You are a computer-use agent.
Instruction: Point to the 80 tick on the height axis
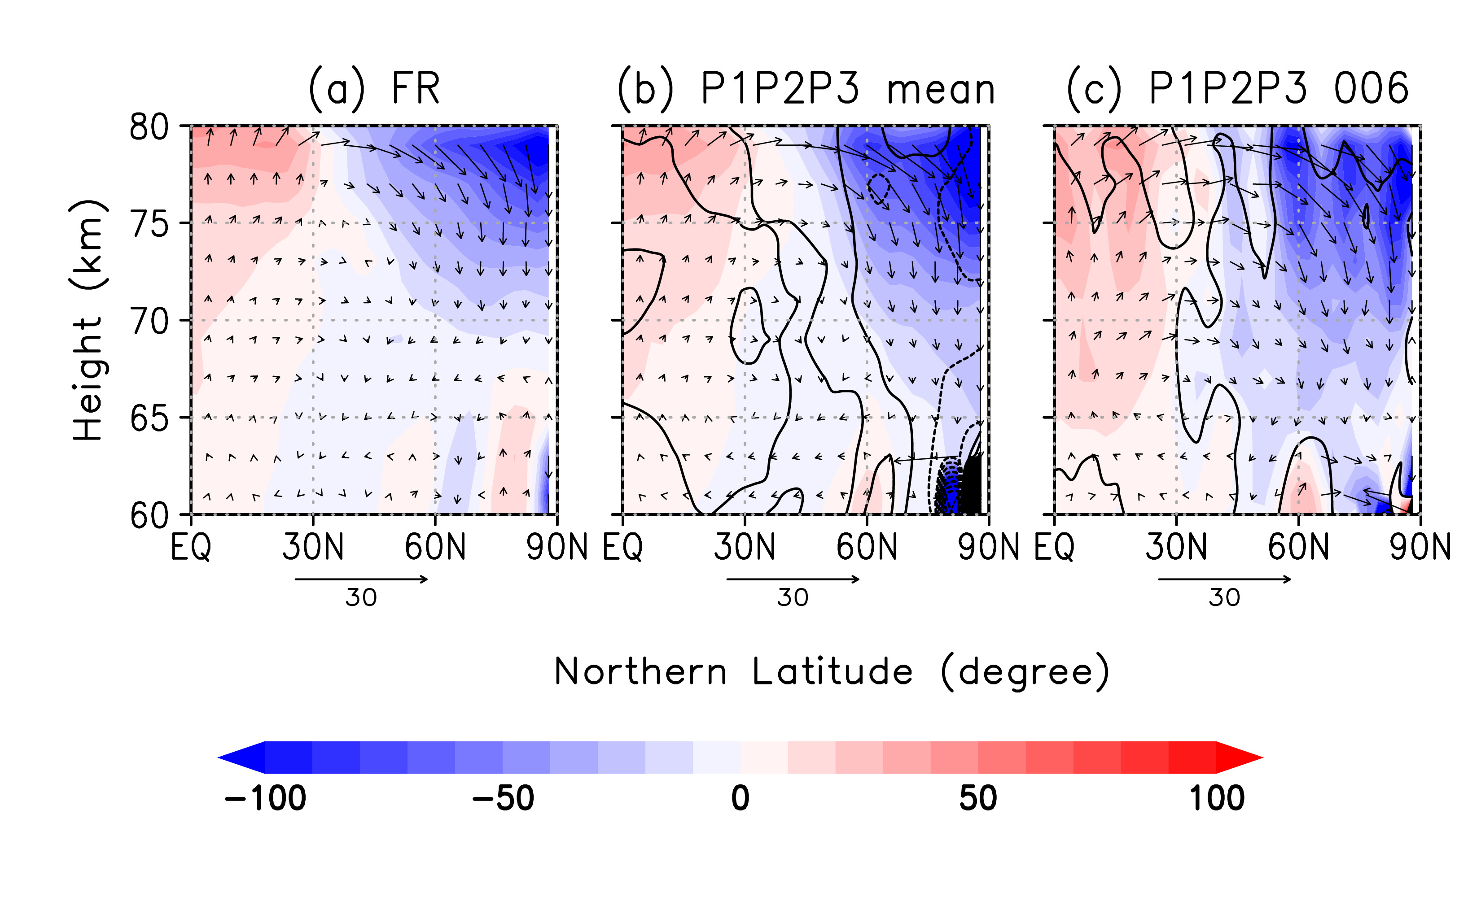149,127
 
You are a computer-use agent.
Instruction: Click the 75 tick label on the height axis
149,225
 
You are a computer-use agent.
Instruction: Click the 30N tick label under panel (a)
312,547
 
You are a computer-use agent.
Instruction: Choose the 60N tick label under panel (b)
867,547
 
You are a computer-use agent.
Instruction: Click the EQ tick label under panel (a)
191,547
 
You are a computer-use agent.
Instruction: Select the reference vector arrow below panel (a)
361,579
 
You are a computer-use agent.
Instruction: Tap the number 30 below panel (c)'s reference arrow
1224,598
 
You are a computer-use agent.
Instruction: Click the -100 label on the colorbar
265,798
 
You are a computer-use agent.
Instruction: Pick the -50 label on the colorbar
503,798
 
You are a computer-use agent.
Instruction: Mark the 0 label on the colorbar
740,798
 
